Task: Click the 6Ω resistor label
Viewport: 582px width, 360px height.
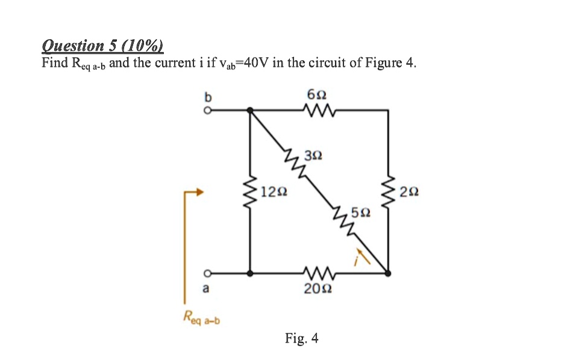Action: click(x=317, y=95)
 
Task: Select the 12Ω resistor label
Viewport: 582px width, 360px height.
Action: click(x=274, y=193)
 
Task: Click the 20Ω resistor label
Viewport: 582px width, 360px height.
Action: click(x=316, y=290)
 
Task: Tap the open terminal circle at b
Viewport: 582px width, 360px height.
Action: click(x=206, y=110)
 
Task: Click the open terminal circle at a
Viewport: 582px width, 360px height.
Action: click(x=206, y=273)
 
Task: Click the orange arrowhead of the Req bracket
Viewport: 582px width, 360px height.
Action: click(x=199, y=193)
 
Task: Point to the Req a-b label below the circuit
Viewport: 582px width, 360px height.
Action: click(x=202, y=317)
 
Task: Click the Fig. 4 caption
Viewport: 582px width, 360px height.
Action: click(x=302, y=338)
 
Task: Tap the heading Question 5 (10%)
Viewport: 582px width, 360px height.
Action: click(x=102, y=46)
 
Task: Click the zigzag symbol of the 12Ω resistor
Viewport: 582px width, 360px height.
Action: click(x=251, y=193)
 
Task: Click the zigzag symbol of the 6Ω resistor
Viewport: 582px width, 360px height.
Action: click(x=317, y=110)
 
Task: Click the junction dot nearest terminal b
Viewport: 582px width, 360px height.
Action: click(x=251, y=110)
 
